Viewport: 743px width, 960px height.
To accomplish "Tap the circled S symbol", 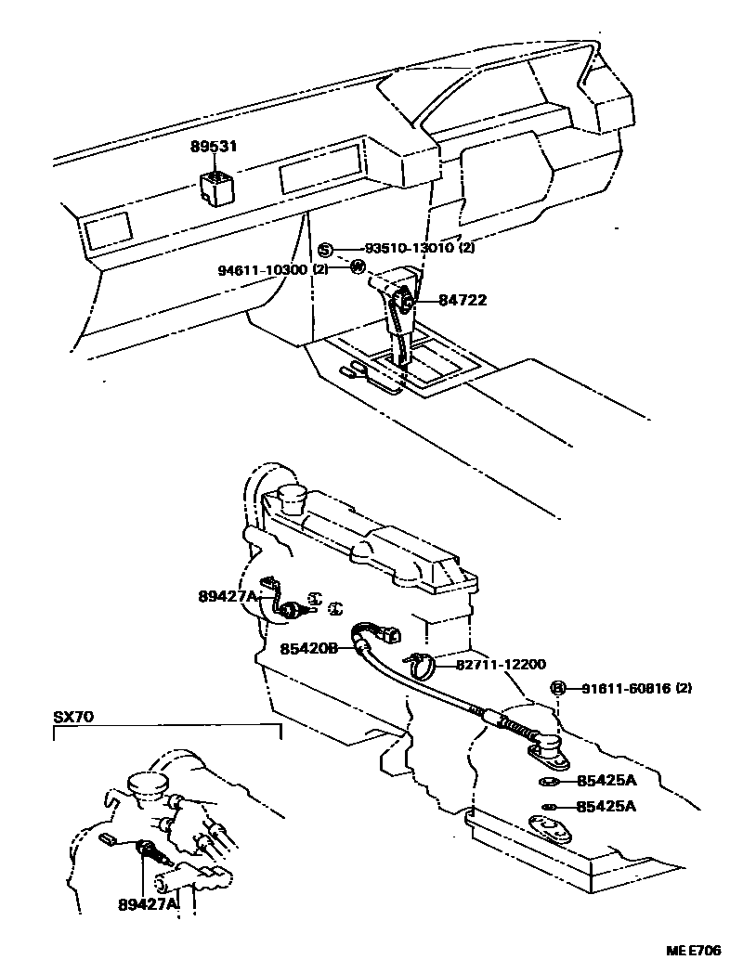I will [x=325, y=249].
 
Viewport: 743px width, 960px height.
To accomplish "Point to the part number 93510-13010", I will [x=409, y=249].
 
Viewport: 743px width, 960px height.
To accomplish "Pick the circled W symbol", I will [x=357, y=267].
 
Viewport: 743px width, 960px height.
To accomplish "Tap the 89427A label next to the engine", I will [x=227, y=596].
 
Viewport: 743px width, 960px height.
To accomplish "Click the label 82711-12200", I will [x=501, y=665].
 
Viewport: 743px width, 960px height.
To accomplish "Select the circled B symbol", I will [x=558, y=688].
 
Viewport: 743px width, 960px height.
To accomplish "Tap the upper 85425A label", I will [x=606, y=782].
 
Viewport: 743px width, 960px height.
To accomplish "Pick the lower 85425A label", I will [x=606, y=806].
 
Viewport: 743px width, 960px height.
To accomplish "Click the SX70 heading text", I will [x=72, y=717].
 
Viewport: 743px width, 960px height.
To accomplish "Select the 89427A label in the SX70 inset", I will [x=148, y=904].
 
